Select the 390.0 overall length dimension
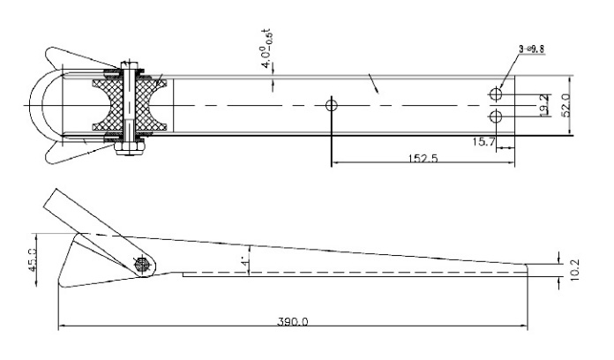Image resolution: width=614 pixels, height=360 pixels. (x=292, y=321)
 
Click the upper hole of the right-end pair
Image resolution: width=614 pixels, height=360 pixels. (x=497, y=94)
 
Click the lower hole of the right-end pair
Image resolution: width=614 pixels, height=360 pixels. (x=497, y=116)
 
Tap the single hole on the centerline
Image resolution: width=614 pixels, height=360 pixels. (x=332, y=105)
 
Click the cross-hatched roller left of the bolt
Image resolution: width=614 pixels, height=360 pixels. (x=108, y=105)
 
